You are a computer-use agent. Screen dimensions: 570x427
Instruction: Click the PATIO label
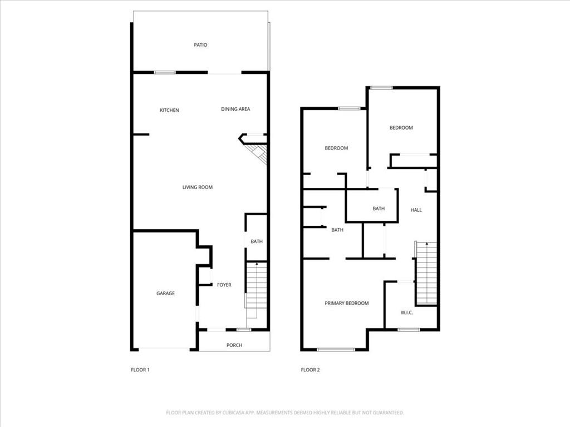coord(200,44)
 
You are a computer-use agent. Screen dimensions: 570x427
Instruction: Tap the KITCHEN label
coord(169,110)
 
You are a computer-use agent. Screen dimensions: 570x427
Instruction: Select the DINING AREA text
coord(235,109)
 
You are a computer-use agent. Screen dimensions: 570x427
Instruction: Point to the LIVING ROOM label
coord(198,187)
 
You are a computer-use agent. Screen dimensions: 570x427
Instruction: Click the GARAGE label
coord(165,294)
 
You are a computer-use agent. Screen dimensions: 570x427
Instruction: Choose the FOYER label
coord(224,285)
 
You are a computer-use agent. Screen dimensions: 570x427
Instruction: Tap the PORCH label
coord(234,345)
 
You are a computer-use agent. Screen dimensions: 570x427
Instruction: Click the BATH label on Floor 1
coord(257,241)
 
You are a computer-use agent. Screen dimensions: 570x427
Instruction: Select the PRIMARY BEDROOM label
coord(347,303)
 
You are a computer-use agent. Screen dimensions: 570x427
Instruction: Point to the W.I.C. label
coord(407,312)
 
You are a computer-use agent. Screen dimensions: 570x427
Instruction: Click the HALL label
coord(416,210)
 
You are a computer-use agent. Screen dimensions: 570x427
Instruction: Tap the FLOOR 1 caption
coord(140,370)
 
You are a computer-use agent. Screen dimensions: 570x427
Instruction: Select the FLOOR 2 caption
coord(311,370)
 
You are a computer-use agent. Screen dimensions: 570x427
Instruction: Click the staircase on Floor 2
coord(426,273)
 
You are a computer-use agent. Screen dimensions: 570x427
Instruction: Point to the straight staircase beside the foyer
coord(257,285)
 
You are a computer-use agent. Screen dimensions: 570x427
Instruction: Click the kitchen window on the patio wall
coord(165,72)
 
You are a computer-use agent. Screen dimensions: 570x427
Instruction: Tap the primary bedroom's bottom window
coord(336,350)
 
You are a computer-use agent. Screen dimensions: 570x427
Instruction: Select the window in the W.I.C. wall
coord(409,330)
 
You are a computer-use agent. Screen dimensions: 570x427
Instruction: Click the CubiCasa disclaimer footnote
coord(285,413)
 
